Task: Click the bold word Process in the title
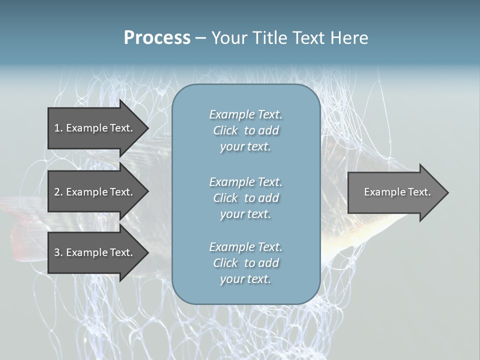pyautogui.click(x=157, y=38)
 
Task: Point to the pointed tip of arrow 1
pyautogui.click(x=147, y=128)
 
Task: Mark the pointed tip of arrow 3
pyautogui.click(x=147, y=252)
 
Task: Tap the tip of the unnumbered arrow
pyautogui.click(x=447, y=192)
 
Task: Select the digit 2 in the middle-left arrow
pyautogui.click(x=57, y=192)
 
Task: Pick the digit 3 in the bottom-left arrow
pyautogui.click(x=57, y=252)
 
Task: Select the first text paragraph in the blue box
pyautogui.click(x=245, y=130)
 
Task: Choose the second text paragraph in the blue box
pyautogui.click(x=245, y=198)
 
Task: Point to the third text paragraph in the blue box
pyautogui.click(x=245, y=263)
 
